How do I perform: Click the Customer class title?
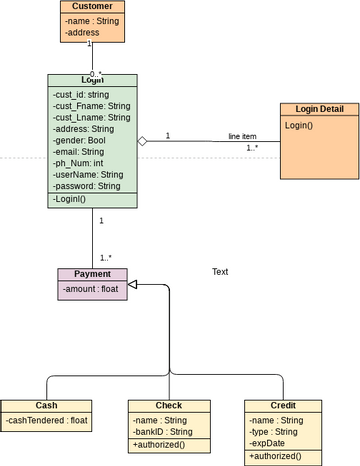click(x=93, y=7)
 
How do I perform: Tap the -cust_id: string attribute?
click(x=80, y=95)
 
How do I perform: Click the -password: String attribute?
click(x=86, y=186)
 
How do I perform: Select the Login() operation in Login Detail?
click(x=299, y=125)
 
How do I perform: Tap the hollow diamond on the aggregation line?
click(x=143, y=141)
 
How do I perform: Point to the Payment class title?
click(x=92, y=274)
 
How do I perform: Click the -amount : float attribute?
click(x=90, y=288)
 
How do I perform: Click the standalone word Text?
click(x=220, y=272)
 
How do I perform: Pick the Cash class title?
click(x=47, y=406)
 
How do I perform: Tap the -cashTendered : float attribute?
click(x=47, y=421)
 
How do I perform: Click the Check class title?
click(x=169, y=406)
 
